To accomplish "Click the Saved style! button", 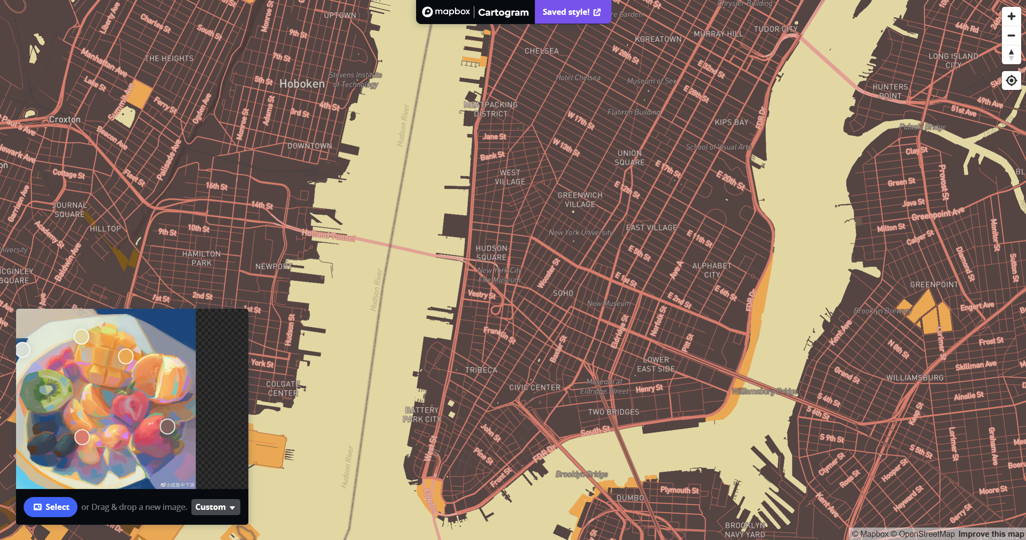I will pos(572,12).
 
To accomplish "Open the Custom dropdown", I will pos(215,507).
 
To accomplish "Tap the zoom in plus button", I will pos(1011,16).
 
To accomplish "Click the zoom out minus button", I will pos(1011,35).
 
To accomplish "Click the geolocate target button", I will pos(1011,81).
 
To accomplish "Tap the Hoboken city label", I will pos(302,84).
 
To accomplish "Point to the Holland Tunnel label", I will pos(328,235).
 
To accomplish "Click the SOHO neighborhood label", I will pos(563,293).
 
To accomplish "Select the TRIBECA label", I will pos(481,370).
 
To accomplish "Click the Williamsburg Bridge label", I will pos(764,391).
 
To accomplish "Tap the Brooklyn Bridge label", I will pos(581,474).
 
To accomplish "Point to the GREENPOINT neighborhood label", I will pos(934,285).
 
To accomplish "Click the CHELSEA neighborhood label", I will pos(541,51).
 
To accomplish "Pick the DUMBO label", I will pos(630,498).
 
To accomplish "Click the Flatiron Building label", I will pos(633,112).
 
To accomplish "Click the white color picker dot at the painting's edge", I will pos(23,350).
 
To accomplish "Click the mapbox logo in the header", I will pos(446,12).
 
